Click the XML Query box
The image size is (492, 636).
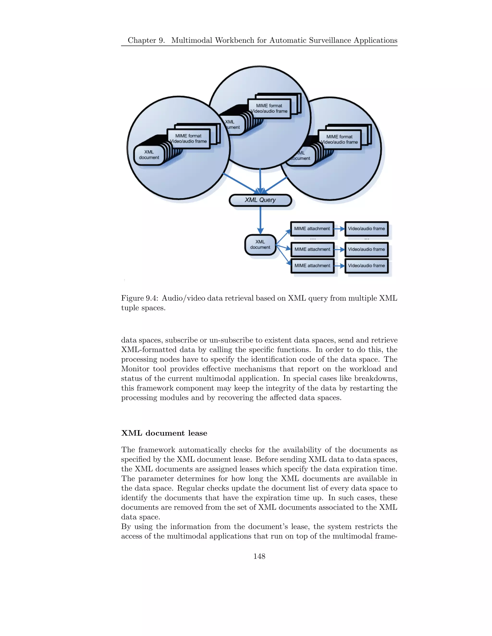pos(260,200)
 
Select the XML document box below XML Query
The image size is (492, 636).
pos(260,245)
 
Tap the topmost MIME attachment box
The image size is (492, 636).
pos(312,228)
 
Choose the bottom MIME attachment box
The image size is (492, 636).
pos(312,266)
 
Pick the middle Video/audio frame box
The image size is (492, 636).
pos(366,249)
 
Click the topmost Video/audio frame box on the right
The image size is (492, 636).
pos(366,228)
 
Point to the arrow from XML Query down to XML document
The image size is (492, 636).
pos(260,220)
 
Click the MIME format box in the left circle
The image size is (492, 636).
pos(188,139)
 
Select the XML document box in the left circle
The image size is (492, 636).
pos(149,155)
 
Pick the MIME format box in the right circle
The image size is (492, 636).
pos(339,139)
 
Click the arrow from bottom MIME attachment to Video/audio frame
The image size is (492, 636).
pos(339,266)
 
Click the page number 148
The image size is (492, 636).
pos(259,556)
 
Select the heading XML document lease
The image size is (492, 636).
pos(164,433)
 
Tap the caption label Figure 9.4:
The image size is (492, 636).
pos(140,298)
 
